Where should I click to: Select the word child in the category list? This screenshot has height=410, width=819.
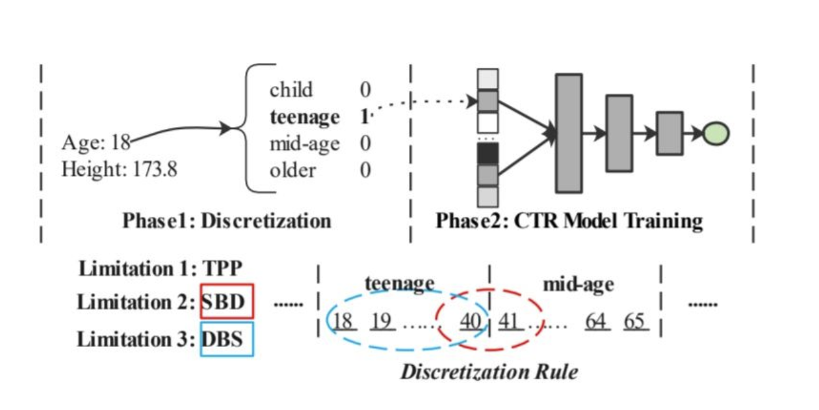point(291,90)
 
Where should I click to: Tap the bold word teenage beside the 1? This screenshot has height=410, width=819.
point(304,117)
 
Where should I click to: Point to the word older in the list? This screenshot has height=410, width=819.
point(292,171)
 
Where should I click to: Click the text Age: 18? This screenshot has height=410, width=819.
point(96,142)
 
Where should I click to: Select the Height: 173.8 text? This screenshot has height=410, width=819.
point(120,171)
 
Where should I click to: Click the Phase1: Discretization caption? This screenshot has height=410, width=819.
point(227,221)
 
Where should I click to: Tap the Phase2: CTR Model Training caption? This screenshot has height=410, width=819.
point(569,221)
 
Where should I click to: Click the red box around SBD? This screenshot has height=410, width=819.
point(227,301)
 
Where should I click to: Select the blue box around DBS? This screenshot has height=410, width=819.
point(227,338)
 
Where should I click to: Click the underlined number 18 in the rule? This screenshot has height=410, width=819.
point(344,321)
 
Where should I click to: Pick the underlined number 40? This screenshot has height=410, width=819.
point(471,321)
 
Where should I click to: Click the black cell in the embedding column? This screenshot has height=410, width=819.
point(487,154)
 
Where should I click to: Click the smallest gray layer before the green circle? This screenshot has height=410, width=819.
point(669,133)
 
